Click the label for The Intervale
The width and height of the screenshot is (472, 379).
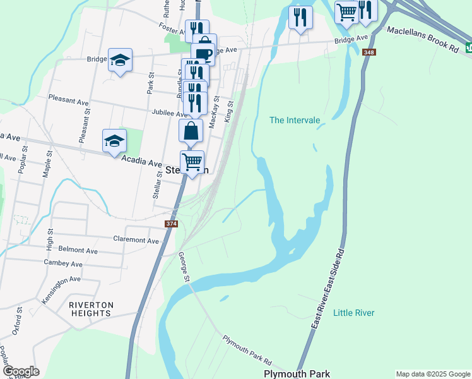click(295, 120)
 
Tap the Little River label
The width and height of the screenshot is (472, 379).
click(353, 313)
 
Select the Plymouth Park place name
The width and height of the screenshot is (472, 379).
click(297, 374)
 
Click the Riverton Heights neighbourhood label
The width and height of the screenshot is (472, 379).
click(91, 309)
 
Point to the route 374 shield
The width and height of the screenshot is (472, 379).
click(171, 224)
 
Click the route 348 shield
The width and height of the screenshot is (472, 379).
click(369, 52)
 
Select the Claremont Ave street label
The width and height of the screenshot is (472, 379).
click(136, 240)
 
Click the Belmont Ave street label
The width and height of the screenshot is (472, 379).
click(78, 251)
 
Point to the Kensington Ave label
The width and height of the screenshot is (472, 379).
click(61, 288)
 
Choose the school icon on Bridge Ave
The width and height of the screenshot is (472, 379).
click(120, 60)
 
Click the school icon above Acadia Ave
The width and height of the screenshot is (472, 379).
click(115, 141)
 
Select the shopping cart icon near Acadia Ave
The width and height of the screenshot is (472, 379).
click(192, 162)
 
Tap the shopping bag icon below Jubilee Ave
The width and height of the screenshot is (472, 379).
click(191, 131)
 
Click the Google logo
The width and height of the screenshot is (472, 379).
click(20, 371)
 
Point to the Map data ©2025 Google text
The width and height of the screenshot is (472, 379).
click(432, 374)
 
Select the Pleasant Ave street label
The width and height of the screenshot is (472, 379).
click(69, 101)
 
